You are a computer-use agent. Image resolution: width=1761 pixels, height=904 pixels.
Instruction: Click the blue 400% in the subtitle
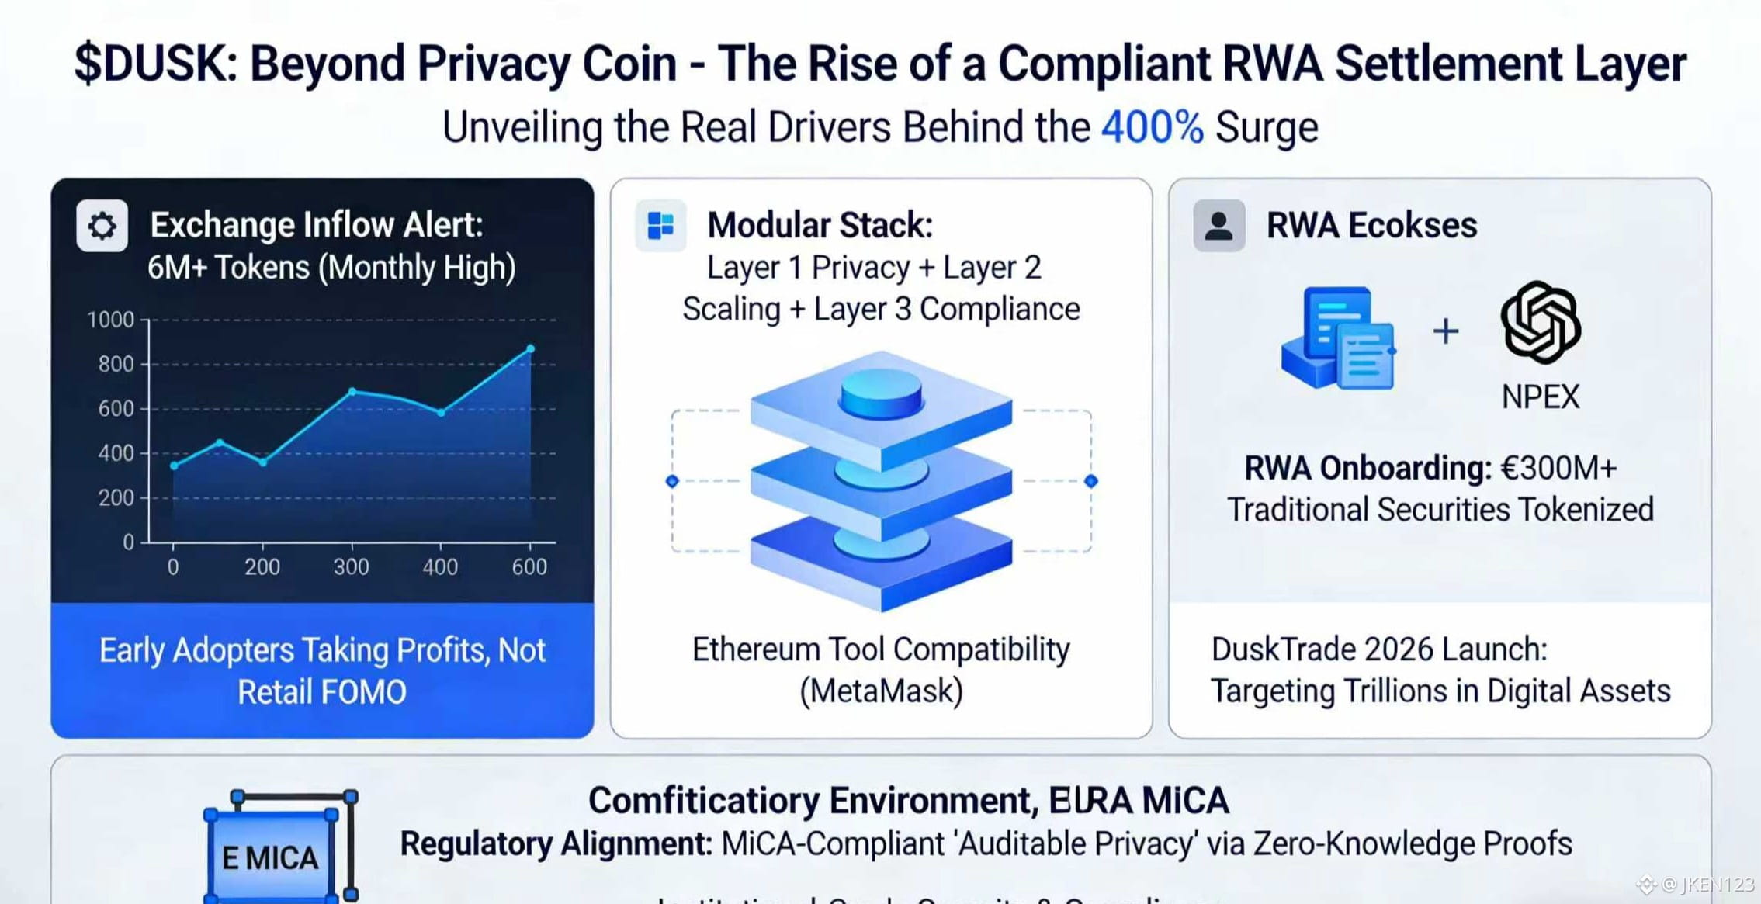coord(1152,127)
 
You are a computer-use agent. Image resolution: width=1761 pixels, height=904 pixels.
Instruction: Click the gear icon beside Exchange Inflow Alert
coord(102,226)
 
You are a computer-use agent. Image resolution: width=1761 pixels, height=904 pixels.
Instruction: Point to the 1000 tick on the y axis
coord(110,320)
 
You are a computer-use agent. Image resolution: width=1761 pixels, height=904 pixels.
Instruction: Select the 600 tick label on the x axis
coord(529,567)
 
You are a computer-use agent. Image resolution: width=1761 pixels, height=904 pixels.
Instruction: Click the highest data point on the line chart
coord(531,349)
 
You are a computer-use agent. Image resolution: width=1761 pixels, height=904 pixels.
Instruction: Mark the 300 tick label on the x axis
coord(351,567)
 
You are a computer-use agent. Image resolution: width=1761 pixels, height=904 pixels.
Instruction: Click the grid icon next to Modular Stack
coord(660,226)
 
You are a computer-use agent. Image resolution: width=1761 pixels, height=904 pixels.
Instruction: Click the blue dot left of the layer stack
coord(672,481)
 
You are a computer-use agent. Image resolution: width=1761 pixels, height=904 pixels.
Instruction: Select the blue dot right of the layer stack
coord(1090,481)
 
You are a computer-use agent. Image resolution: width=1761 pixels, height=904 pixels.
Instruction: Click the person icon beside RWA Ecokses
coord(1218,226)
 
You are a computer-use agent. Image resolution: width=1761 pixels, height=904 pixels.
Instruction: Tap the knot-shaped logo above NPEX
coord(1541,323)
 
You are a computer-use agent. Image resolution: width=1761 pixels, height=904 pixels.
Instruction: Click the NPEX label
coord(1541,397)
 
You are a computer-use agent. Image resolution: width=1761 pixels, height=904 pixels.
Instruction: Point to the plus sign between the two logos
coord(1445,331)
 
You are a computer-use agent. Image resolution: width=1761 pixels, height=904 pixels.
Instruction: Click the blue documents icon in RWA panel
coord(1338,338)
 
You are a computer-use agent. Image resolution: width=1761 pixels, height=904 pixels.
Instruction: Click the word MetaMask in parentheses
coord(881,691)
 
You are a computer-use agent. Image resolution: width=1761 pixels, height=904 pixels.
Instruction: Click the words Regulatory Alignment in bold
coord(556,843)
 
